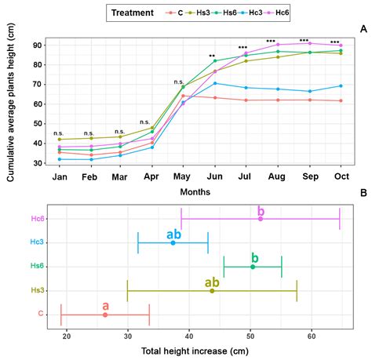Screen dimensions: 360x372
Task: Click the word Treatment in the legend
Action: [137, 13]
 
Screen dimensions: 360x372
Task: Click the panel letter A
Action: [363, 29]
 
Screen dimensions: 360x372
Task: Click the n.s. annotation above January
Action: [59, 133]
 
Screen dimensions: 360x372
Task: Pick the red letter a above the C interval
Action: [105, 305]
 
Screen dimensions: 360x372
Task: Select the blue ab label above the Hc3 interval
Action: [174, 234]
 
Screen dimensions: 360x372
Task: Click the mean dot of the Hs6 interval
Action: [252, 267]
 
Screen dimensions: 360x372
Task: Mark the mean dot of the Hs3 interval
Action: [212, 291]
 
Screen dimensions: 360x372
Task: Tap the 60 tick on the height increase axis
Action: [312, 337]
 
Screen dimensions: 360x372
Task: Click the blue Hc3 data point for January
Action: [59, 159]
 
